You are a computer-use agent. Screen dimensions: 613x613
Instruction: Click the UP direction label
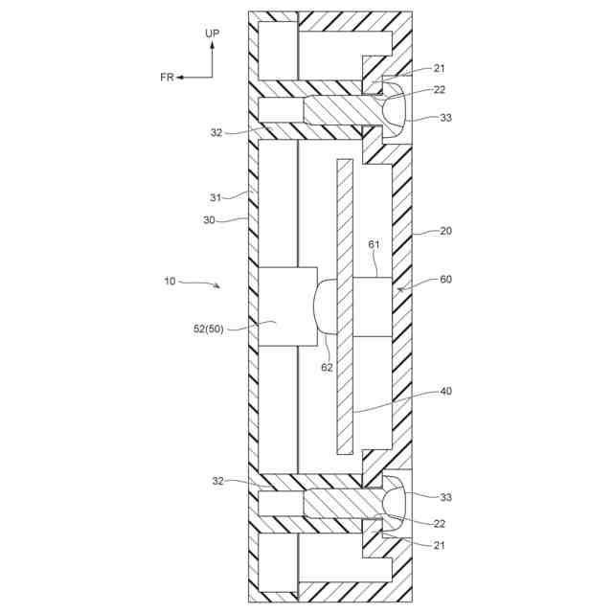click(213, 34)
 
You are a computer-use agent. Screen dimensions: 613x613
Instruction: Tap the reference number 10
click(170, 282)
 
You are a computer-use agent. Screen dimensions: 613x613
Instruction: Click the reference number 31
click(216, 197)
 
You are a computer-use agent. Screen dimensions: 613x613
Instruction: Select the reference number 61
click(375, 245)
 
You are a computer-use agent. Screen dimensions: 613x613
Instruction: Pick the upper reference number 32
click(216, 133)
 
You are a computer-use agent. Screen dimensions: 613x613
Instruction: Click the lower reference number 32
click(216, 481)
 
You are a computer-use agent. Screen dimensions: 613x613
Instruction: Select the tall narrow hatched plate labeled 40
click(344, 306)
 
